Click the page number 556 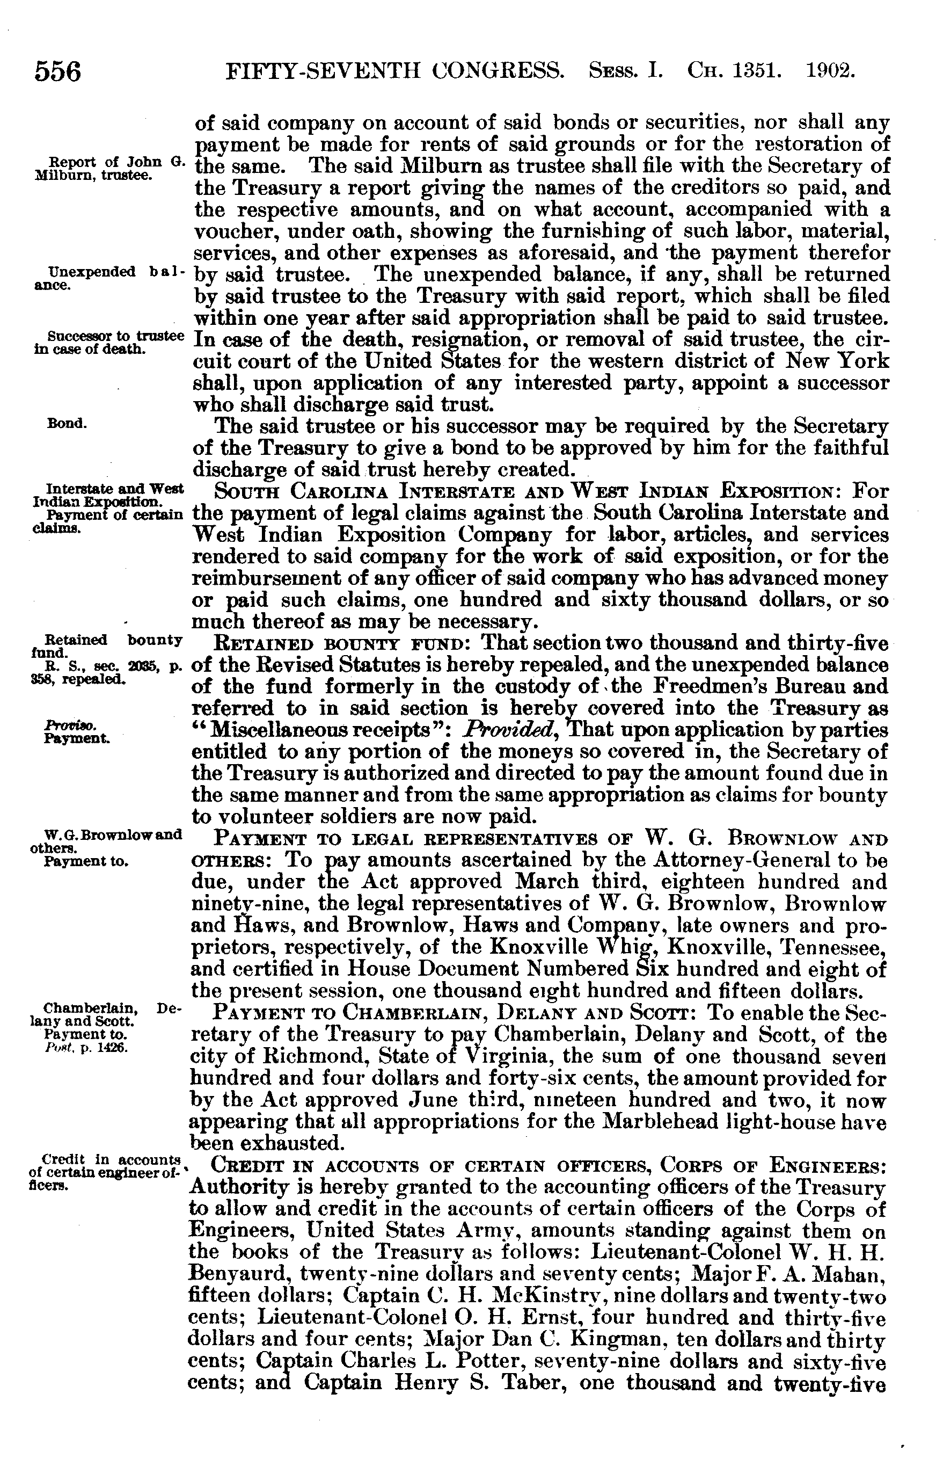(58, 72)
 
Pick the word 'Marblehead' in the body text (653, 1121)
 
